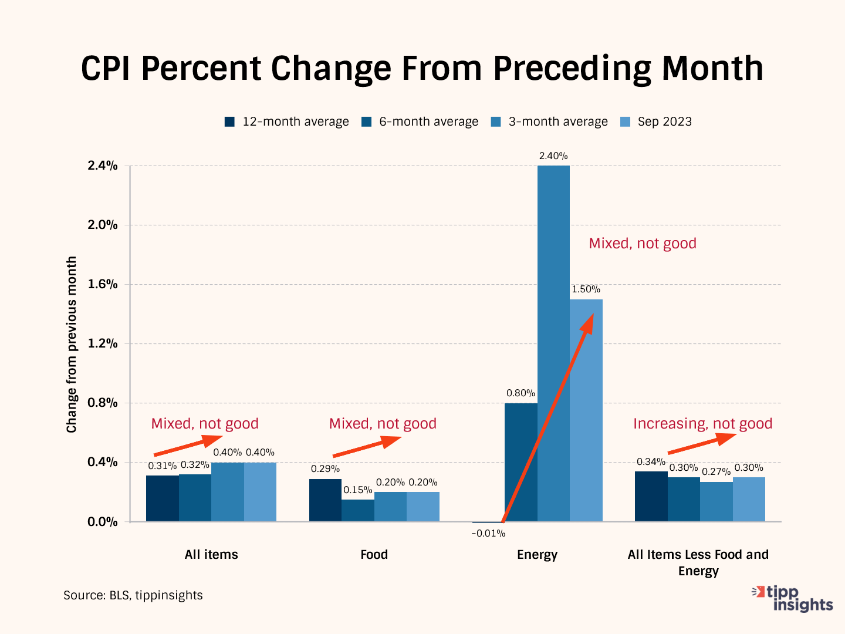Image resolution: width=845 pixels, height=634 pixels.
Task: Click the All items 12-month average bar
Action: click(163, 498)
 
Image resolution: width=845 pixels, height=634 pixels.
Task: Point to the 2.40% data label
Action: click(553, 156)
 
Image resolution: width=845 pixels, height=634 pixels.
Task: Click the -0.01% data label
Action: click(488, 534)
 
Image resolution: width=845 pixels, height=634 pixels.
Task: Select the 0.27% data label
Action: click(716, 472)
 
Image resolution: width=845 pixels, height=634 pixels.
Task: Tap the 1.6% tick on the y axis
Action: click(103, 284)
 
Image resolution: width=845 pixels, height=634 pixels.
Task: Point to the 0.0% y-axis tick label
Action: click(103, 521)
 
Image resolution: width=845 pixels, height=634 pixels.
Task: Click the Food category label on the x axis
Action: click(374, 555)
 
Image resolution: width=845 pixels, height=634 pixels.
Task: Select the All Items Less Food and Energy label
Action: click(698, 562)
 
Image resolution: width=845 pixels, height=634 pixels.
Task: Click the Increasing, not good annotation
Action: click(702, 424)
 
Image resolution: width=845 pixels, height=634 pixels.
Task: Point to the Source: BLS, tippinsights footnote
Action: click(133, 595)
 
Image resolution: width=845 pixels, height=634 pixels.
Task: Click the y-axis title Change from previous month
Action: click(72, 345)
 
